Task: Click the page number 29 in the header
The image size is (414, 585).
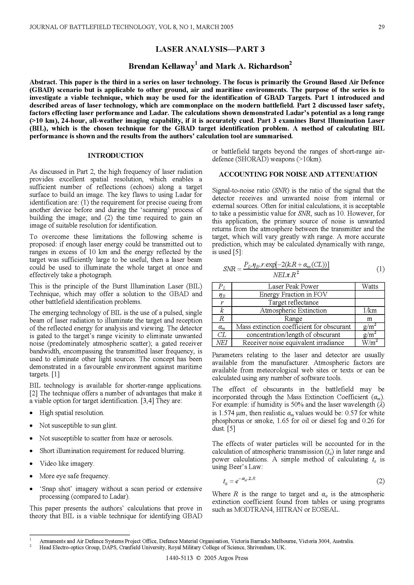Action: tap(381, 27)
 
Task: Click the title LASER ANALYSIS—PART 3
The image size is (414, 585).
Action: tap(210, 49)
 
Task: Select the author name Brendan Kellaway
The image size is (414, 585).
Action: tap(162, 67)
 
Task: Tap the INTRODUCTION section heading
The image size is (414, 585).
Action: tap(115, 156)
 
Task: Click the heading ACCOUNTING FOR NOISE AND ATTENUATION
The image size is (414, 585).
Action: tap(298, 174)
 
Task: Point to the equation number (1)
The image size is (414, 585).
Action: tap(380, 269)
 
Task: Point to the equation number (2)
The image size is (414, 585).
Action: tap(380, 481)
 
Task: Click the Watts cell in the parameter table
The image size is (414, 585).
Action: tap(370, 286)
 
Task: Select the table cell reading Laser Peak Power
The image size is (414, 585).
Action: tap(293, 286)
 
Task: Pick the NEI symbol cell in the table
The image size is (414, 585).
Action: tap(222, 343)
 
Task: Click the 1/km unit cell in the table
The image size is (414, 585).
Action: tap(370, 310)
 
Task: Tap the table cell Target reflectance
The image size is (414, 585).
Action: tap(293, 302)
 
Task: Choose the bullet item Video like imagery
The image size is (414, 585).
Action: tap(67, 463)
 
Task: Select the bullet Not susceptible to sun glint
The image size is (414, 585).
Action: tap(78, 425)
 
